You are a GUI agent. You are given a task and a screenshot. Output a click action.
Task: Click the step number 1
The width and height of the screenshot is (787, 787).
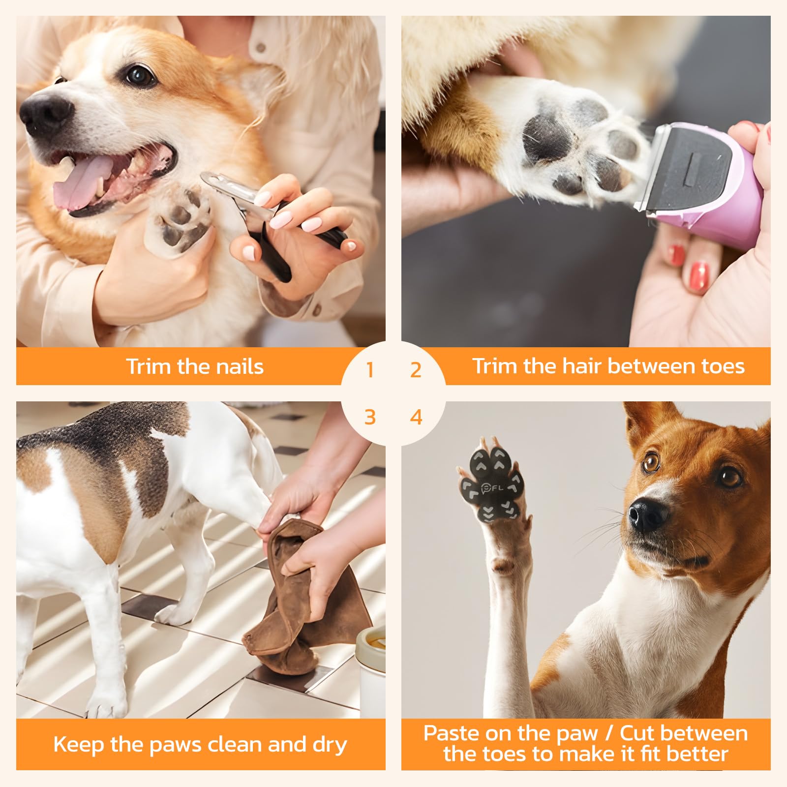(370, 370)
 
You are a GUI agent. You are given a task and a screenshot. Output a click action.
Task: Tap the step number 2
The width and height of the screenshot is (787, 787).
(416, 370)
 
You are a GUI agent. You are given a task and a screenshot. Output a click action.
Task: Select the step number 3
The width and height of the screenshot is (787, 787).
(370, 417)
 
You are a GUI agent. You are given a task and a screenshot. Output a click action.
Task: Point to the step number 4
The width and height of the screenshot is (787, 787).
(416, 417)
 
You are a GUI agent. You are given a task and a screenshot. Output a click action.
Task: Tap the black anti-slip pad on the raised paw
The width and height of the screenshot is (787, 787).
(494, 484)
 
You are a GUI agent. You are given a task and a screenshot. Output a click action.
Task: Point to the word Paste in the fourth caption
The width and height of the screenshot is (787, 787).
(451, 733)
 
